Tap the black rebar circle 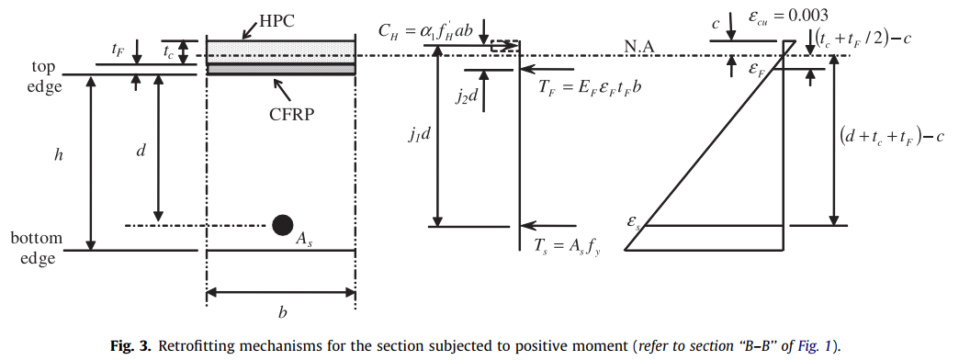[282, 225]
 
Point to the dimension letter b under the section [282, 313]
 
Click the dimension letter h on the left [60, 155]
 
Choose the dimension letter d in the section [141, 150]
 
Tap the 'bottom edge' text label [37, 248]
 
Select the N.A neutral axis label [642, 45]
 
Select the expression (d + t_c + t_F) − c [895, 136]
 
